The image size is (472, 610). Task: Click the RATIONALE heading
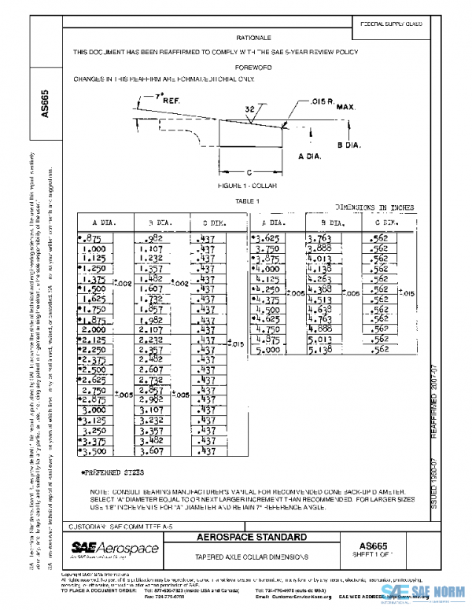253,38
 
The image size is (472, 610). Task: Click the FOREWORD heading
253,67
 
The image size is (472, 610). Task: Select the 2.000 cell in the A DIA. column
94,330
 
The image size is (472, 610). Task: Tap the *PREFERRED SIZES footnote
109,472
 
